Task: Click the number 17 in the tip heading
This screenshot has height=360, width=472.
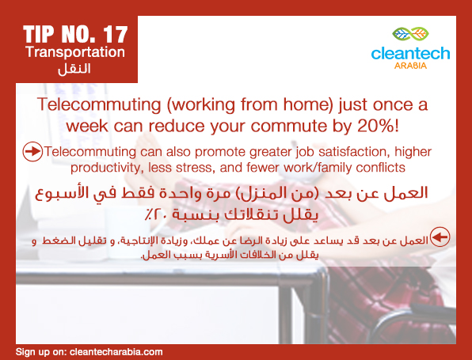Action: pos(116,34)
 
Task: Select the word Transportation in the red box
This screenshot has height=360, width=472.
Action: pos(75,52)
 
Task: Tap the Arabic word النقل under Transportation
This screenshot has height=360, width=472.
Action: pos(74,69)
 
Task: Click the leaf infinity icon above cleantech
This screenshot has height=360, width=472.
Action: pos(410,34)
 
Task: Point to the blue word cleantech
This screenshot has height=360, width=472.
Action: pos(410,53)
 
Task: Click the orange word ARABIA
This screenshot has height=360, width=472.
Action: pos(410,66)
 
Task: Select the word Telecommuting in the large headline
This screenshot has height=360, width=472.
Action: pos(99,105)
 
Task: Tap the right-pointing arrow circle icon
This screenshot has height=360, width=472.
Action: pos(32,151)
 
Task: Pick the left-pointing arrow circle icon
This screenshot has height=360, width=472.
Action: pos(440,237)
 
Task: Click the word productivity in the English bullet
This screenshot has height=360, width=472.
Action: pos(105,168)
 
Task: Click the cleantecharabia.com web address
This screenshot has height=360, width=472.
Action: pos(116,352)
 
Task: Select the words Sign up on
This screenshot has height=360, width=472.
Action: pos(41,352)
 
